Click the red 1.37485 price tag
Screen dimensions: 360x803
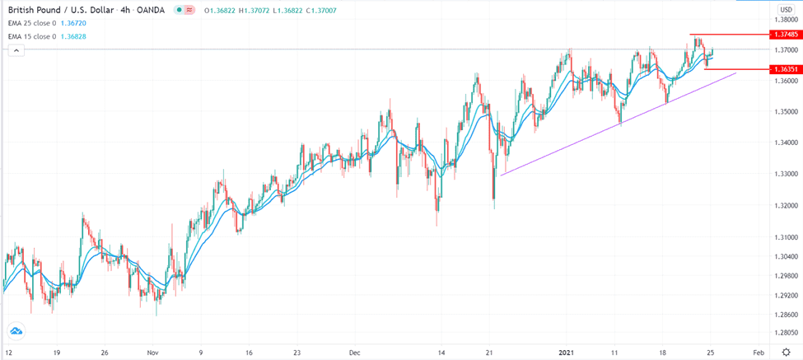(782, 35)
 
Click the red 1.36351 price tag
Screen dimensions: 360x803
(782, 69)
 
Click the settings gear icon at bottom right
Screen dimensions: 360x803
(786, 352)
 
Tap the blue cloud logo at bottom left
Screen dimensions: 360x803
(16, 331)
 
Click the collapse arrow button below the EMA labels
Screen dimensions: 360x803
(13, 50)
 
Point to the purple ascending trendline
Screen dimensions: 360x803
(618, 124)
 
